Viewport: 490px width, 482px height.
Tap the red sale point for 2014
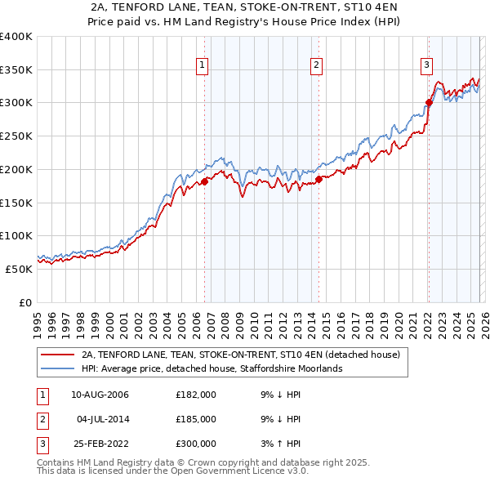(318, 179)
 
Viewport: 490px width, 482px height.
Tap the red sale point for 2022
(429, 103)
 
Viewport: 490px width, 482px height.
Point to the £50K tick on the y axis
(20, 269)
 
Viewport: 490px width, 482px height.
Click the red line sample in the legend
(59, 355)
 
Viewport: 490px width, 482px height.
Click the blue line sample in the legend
(59, 368)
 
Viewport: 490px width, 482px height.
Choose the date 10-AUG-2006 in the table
(100, 395)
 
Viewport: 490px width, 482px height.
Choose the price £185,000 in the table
(196, 419)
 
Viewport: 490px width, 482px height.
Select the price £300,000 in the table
(196, 444)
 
